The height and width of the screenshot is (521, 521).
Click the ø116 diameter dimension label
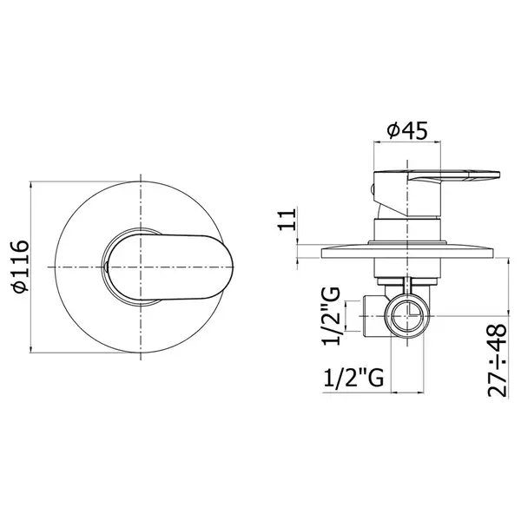pyautogui.click(x=21, y=267)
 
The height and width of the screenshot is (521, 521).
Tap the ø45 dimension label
pyautogui.click(x=407, y=130)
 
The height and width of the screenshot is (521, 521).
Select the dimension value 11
pyautogui.click(x=287, y=220)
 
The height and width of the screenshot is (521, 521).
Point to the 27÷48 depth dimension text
pyautogui.click(x=498, y=360)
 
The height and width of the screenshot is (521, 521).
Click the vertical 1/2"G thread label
pyautogui.click(x=332, y=316)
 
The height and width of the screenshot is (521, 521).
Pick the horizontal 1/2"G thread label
pyautogui.click(x=353, y=377)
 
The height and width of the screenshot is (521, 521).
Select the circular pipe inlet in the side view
pyautogui.click(x=407, y=316)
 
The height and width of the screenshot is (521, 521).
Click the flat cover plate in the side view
pyautogui.click(x=408, y=252)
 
